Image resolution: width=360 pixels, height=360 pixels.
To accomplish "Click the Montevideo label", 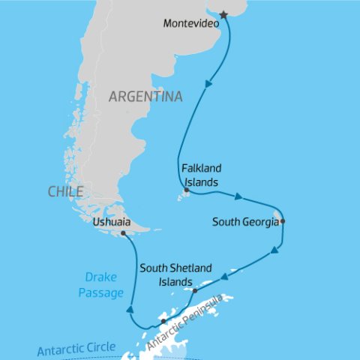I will [191, 23].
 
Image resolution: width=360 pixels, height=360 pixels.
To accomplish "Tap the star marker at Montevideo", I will [223, 15].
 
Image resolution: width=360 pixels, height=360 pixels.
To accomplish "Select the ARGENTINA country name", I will [145, 97].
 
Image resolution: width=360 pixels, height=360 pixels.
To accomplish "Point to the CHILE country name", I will [65, 192].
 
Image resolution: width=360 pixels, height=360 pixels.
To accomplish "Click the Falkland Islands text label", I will [200, 175].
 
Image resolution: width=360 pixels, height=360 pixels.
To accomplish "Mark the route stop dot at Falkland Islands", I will [186, 190].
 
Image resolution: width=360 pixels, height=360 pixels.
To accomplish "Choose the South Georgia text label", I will [244, 222].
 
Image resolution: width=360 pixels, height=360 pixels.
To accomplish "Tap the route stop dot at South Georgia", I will [283, 221].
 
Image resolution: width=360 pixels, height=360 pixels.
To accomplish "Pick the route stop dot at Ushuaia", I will [123, 233].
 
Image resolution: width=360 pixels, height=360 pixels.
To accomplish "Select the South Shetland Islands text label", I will [175, 274].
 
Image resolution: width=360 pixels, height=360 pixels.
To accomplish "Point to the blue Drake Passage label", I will [100, 286].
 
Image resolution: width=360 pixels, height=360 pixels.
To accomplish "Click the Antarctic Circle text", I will [76, 349].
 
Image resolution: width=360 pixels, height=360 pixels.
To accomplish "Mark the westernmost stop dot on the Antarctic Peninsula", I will [163, 322].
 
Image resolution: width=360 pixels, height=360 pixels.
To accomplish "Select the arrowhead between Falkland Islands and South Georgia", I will [238, 198].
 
